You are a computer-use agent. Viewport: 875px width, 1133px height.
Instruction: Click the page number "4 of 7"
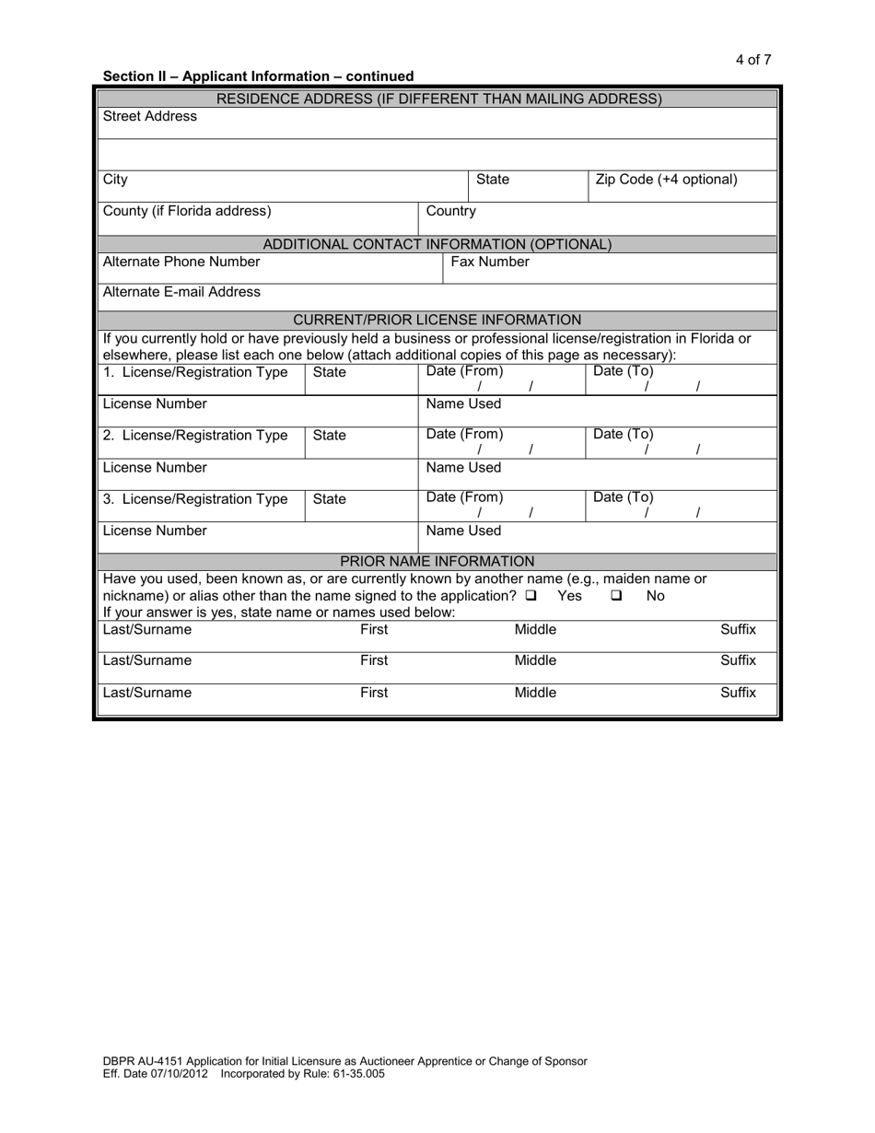point(752,60)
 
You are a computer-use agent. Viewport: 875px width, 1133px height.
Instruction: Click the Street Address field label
point(149,116)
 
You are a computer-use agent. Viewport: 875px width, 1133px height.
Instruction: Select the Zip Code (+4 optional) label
point(666,180)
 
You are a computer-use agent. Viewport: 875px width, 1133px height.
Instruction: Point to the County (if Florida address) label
point(187,211)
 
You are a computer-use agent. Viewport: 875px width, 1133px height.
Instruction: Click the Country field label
point(450,211)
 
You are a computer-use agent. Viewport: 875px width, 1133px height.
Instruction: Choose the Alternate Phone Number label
point(181,262)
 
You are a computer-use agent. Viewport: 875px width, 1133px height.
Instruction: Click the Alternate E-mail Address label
point(181,292)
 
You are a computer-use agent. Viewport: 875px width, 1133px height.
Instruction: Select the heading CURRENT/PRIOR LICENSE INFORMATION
point(437,320)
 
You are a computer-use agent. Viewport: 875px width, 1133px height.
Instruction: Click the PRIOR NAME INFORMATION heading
point(437,561)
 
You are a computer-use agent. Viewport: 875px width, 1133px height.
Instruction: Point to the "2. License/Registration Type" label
point(195,435)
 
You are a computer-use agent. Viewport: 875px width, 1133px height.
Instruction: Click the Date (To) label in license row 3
point(624,497)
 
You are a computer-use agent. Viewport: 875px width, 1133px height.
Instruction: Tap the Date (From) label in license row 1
point(464,371)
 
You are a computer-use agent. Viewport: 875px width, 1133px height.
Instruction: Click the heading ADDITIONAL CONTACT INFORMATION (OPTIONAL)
point(437,244)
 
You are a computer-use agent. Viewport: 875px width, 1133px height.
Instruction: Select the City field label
point(115,180)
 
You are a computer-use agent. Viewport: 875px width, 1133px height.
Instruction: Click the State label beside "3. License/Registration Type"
point(330,499)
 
